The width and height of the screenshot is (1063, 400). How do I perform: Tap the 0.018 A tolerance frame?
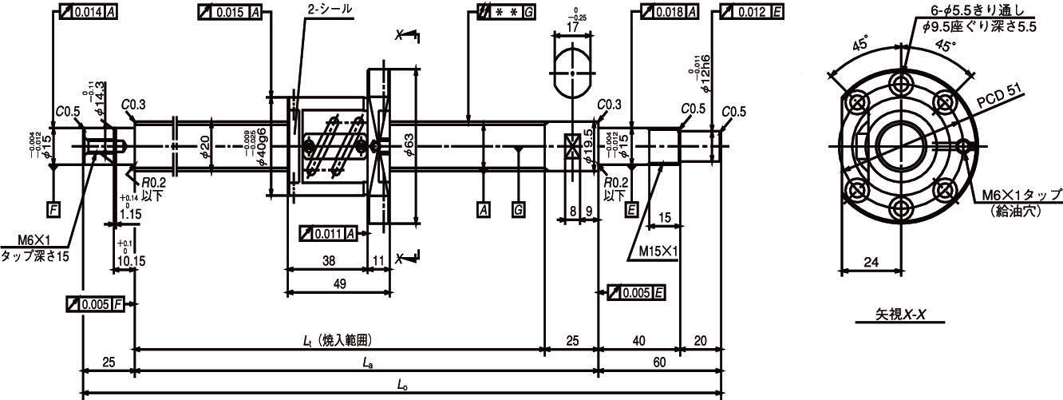click(665, 12)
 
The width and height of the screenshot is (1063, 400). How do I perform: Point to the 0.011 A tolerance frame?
click(327, 234)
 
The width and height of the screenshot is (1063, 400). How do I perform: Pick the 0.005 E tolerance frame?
click(637, 292)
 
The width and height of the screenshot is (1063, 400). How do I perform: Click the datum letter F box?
click(53, 210)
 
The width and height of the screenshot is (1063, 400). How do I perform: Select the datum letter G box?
click(519, 210)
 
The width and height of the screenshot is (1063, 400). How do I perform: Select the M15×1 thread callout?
click(658, 251)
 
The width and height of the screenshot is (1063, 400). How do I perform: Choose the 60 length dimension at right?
click(659, 362)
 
